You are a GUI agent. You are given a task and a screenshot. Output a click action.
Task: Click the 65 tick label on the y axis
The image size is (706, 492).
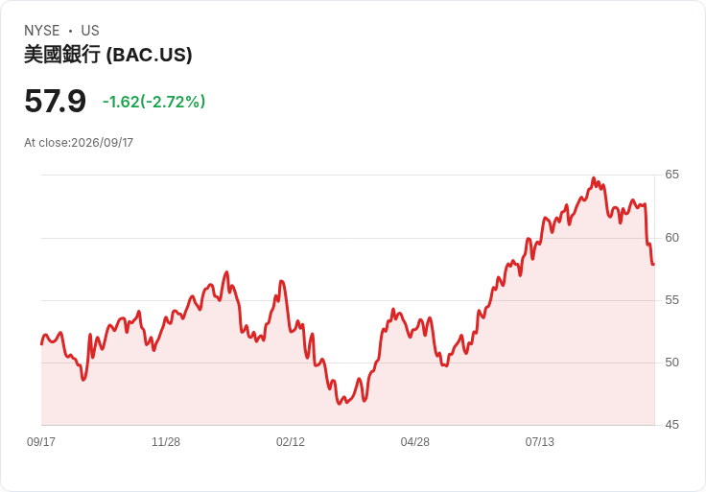(x=671, y=175)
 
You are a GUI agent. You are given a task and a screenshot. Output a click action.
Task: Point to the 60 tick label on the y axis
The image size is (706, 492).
(x=671, y=238)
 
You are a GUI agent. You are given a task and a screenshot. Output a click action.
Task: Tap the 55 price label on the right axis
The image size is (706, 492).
(x=671, y=300)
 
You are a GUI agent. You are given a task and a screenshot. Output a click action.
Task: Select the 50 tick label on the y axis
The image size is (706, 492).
(x=671, y=363)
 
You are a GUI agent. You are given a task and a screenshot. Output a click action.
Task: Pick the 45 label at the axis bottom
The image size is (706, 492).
(x=671, y=425)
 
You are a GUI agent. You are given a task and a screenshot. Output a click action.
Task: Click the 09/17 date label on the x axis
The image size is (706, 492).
(x=41, y=442)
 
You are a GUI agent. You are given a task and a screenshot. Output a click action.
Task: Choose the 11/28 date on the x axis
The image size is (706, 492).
(x=166, y=442)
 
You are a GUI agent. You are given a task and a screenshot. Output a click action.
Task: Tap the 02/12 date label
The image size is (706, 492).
(x=291, y=442)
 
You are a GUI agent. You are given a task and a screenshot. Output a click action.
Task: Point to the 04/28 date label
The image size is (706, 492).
(x=414, y=442)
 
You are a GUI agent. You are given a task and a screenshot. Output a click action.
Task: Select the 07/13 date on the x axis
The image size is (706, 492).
(x=539, y=442)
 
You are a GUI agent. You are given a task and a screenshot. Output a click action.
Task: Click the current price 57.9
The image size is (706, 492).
(x=55, y=102)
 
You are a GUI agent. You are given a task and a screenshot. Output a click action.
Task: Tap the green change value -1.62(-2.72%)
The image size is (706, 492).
(x=154, y=102)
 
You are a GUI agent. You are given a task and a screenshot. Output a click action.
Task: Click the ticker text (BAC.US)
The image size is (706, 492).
(x=149, y=55)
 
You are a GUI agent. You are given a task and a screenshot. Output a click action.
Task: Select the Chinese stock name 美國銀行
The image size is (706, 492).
(x=62, y=55)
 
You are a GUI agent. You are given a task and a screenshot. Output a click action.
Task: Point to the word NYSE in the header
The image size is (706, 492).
(x=42, y=31)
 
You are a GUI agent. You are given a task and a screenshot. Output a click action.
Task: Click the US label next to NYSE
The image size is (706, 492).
(x=90, y=31)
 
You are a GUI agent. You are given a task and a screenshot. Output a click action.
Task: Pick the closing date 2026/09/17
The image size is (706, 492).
(x=103, y=143)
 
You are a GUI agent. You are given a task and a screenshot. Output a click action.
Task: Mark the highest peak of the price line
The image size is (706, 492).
(x=594, y=177)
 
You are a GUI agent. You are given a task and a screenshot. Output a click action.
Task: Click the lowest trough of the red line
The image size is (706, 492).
(x=340, y=404)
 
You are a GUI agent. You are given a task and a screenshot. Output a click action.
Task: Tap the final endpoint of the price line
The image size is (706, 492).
(x=654, y=265)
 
